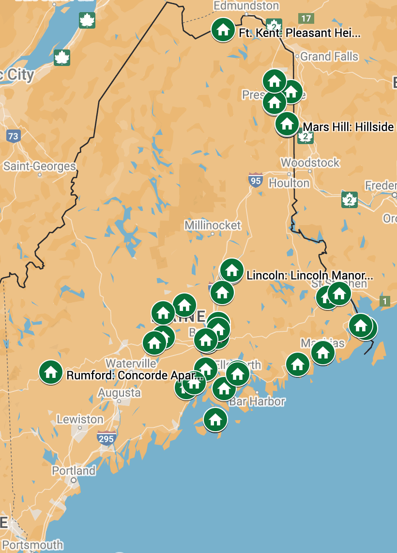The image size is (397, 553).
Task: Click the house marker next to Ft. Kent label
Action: coord(223,30)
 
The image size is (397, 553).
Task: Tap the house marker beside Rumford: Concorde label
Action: coord(51,372)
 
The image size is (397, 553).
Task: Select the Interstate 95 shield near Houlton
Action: coord(256,180)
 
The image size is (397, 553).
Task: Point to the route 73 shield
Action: coord(13,136)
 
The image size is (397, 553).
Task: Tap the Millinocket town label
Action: coord(213,225)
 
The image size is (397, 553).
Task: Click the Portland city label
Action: coord(74,471)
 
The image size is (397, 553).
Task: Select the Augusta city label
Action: coord(119,392)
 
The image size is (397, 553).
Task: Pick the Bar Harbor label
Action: coord(257,401)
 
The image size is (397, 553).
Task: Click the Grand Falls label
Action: coord(329,56)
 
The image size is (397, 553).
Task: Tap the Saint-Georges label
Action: coord(40,166)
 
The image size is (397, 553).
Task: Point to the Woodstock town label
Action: coord(310,163)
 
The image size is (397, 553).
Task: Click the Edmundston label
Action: coord(246,6)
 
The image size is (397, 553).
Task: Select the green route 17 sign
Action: coord(306,18)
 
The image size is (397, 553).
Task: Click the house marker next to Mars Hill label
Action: coord(287,124)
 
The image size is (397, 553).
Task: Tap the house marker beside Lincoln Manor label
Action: coord(232,270)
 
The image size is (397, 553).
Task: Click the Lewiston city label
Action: coord(80,419)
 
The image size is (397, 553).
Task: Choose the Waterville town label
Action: coord(131,363)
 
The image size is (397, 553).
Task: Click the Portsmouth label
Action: coord(32,545)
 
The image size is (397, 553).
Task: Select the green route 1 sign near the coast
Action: coord(385,301)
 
